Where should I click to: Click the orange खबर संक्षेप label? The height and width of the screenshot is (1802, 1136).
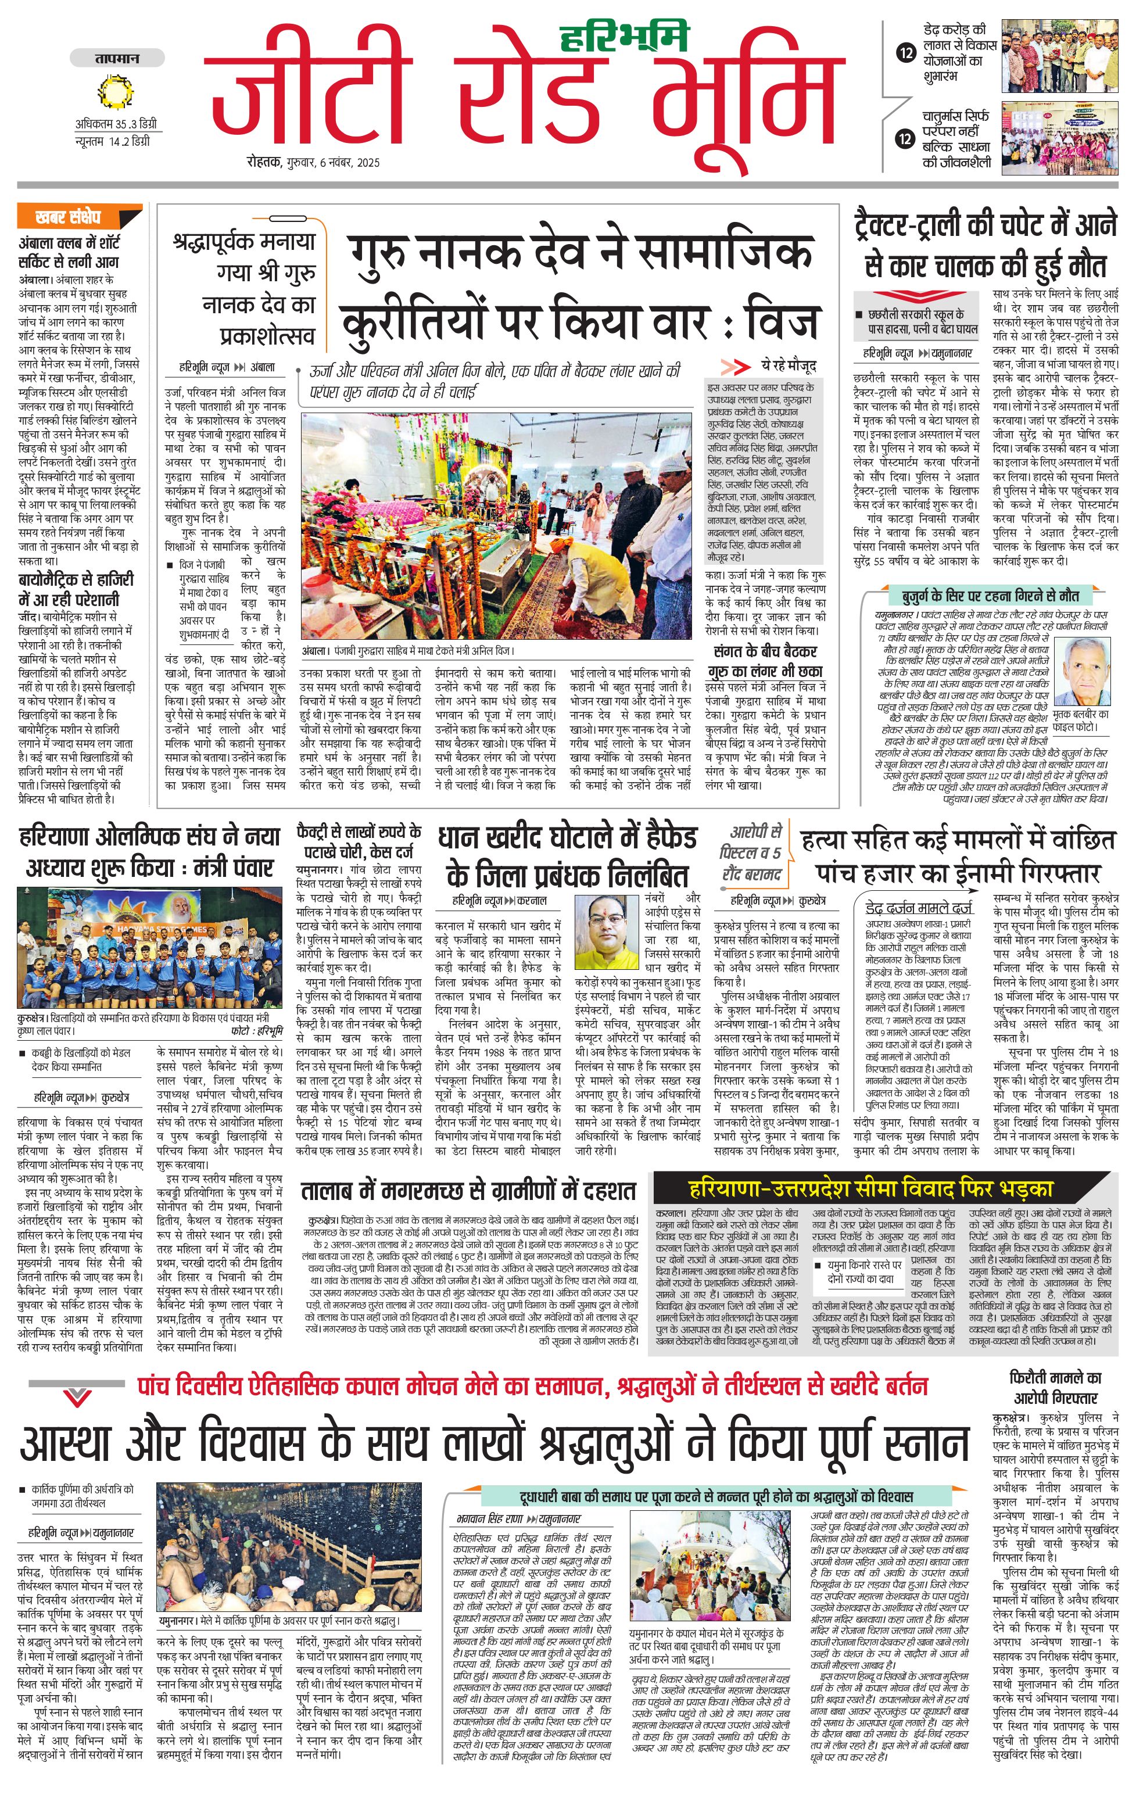click(x=80, y=217)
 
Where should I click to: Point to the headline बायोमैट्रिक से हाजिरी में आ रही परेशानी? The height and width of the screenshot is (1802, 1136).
click(x=75, y=590)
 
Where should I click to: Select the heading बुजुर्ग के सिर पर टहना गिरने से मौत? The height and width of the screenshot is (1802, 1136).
click(x=984, y=596)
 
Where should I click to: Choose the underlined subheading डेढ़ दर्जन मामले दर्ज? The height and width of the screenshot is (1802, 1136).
click(x=919, y=908)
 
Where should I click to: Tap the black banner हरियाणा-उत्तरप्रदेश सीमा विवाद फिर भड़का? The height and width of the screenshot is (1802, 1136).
click(x=870, y=1188)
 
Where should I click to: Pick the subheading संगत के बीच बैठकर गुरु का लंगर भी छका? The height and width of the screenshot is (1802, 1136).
click(x=765, y=661)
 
